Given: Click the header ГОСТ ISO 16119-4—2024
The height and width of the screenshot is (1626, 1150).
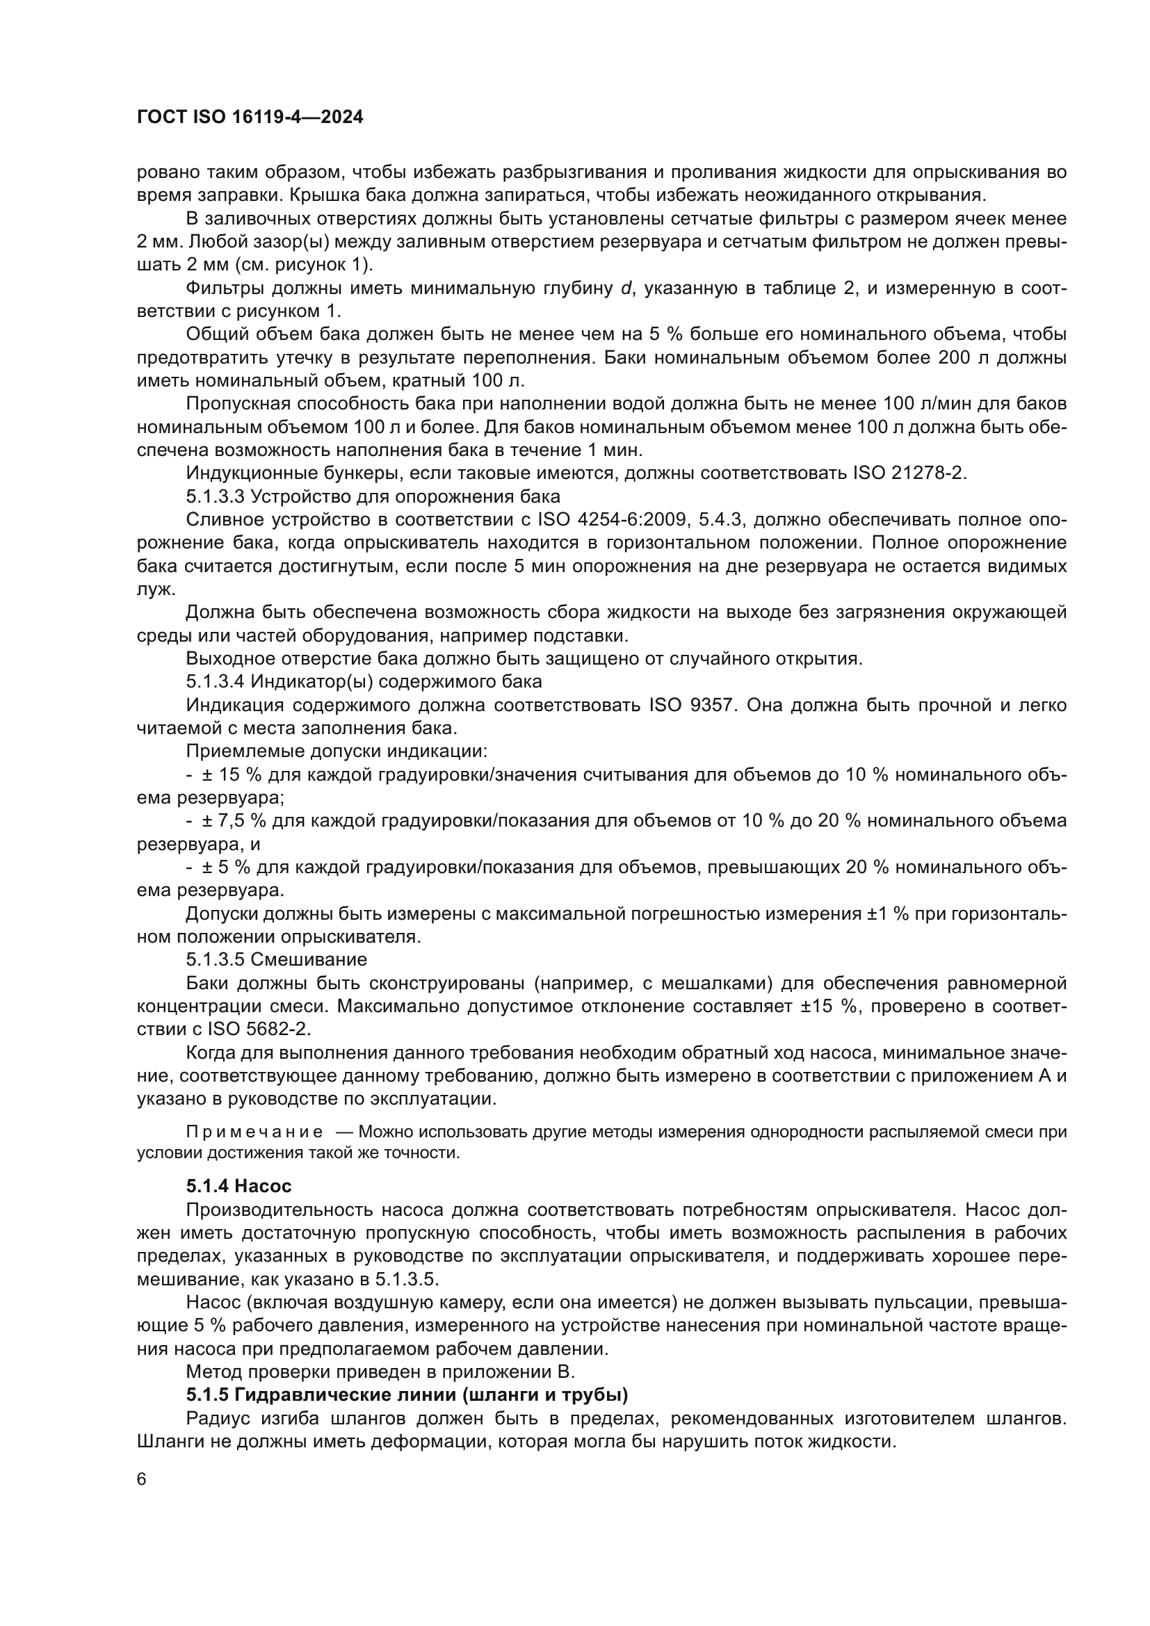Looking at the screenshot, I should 250,117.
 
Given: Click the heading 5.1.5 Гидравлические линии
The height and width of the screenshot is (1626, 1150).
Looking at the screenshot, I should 407,1395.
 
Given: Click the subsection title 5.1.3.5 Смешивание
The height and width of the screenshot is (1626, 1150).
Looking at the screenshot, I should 277,959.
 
